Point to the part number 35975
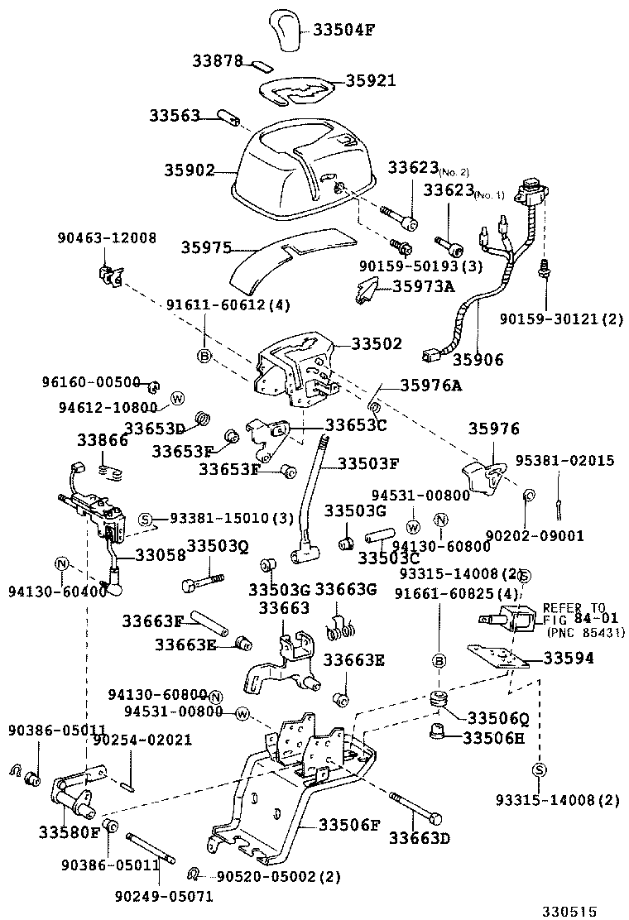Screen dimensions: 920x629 [x=206, y=247]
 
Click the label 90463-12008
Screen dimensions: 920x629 [x=107, y=238]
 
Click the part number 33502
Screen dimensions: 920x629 [x=377, y=343]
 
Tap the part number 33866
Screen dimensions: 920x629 [x=103, y=440]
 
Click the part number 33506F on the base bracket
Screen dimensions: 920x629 [x=350, y=824]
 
